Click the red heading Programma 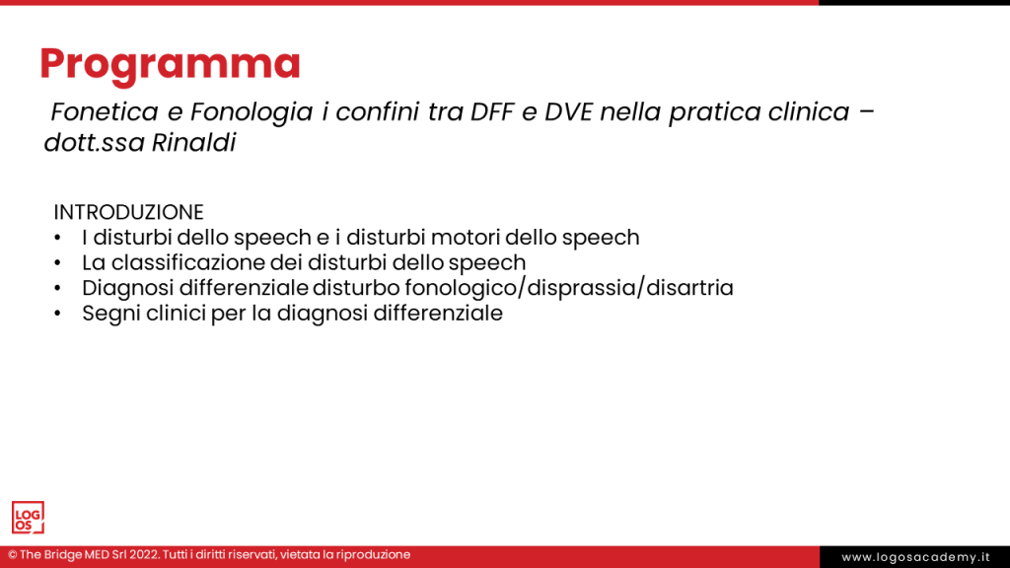click(170, 63)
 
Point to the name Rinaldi click(193, 143)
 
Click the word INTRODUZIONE click(128, 212)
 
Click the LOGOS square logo click(28, 518)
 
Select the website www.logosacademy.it click(914, 557)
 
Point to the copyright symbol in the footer click(12, 555)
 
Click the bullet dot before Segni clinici click(59, 315)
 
